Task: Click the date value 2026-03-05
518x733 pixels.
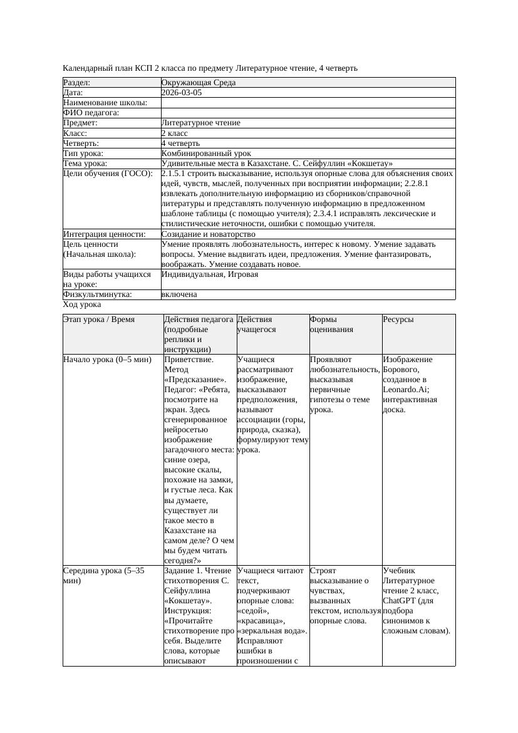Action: (x=182, y=93)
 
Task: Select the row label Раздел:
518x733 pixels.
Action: (x=77, y=83)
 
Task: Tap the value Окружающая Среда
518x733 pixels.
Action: (x=199, y=83)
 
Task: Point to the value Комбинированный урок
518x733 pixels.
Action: (x=206, y=153)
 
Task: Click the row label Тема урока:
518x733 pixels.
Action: (x=85, y=164)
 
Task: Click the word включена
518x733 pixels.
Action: (x=179, y=294)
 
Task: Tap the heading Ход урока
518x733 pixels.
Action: (x=82, y=304)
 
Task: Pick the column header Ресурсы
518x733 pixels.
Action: (x=398, y=320)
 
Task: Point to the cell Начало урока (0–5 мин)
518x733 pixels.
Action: (x=108, y=360)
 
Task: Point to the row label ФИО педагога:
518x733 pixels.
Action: (x=91, y=113)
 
